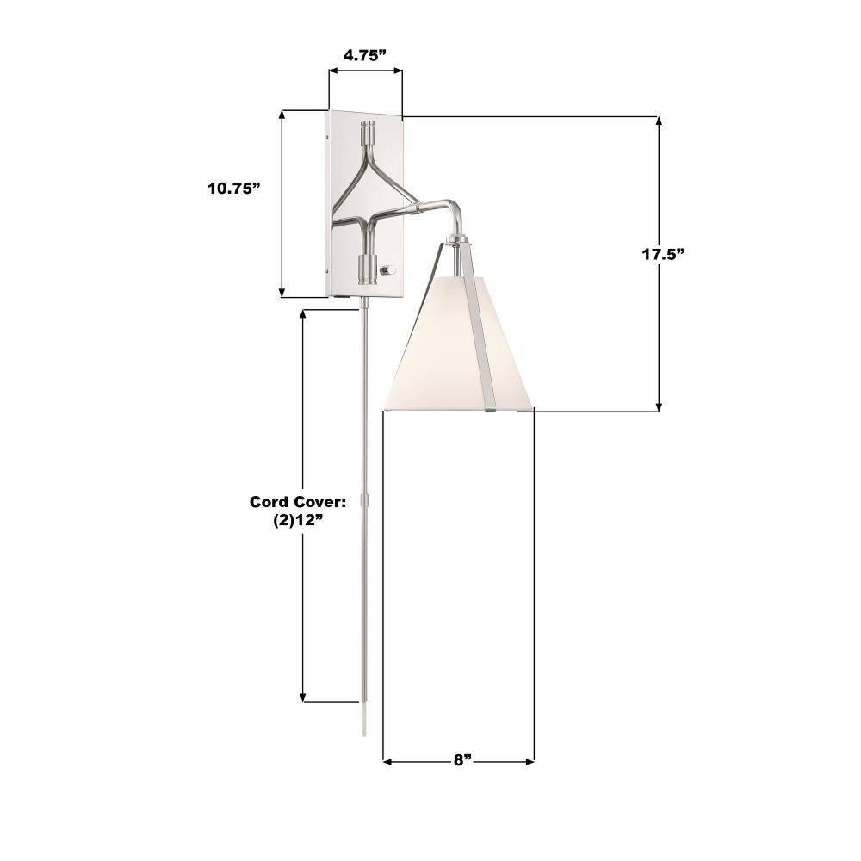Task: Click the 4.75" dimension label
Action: [364, 55]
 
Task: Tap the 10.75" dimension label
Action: [234, 189]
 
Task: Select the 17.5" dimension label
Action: [664, 254]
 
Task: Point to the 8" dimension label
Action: [463, 760]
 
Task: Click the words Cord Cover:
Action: [299, 502]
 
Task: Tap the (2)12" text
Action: [297, 521]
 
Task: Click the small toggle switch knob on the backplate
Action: [389, 269]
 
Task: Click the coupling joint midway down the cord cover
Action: [363, 499]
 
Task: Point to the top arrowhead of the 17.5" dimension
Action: [659, 122]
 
